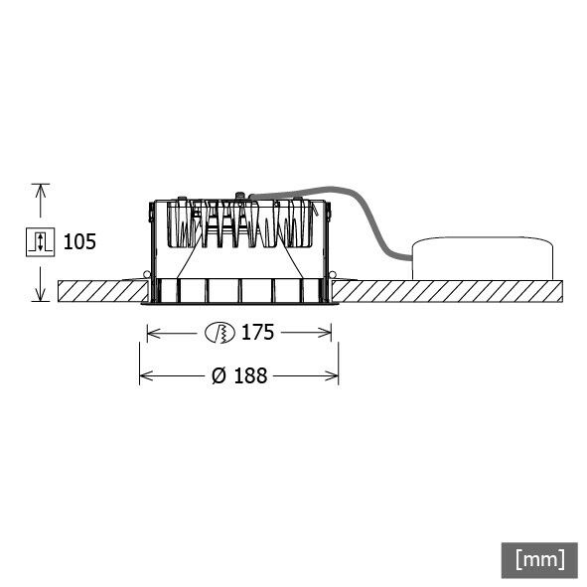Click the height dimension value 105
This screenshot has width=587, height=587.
[80, 241]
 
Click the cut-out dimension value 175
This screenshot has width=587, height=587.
[256, 333]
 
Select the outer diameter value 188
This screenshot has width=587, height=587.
[249, 376]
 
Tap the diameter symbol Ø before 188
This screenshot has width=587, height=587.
[218, 376]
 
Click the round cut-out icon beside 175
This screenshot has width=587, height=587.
[220, 333]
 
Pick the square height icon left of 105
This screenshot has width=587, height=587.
[39, 241]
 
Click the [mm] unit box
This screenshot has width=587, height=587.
[539, 558]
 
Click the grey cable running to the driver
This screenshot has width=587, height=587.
[372, 223]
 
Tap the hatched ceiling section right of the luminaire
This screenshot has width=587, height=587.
[447, 292]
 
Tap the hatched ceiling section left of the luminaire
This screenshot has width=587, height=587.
[99, 292]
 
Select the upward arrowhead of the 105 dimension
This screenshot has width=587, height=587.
[40, 189]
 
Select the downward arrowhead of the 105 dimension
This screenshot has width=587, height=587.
[40, 295]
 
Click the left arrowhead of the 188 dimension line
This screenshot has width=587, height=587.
[144, 376]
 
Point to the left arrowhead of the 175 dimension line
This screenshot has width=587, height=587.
[152, 333]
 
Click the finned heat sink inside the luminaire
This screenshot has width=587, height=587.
[238, 223]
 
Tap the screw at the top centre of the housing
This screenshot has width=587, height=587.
[239, 195]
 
